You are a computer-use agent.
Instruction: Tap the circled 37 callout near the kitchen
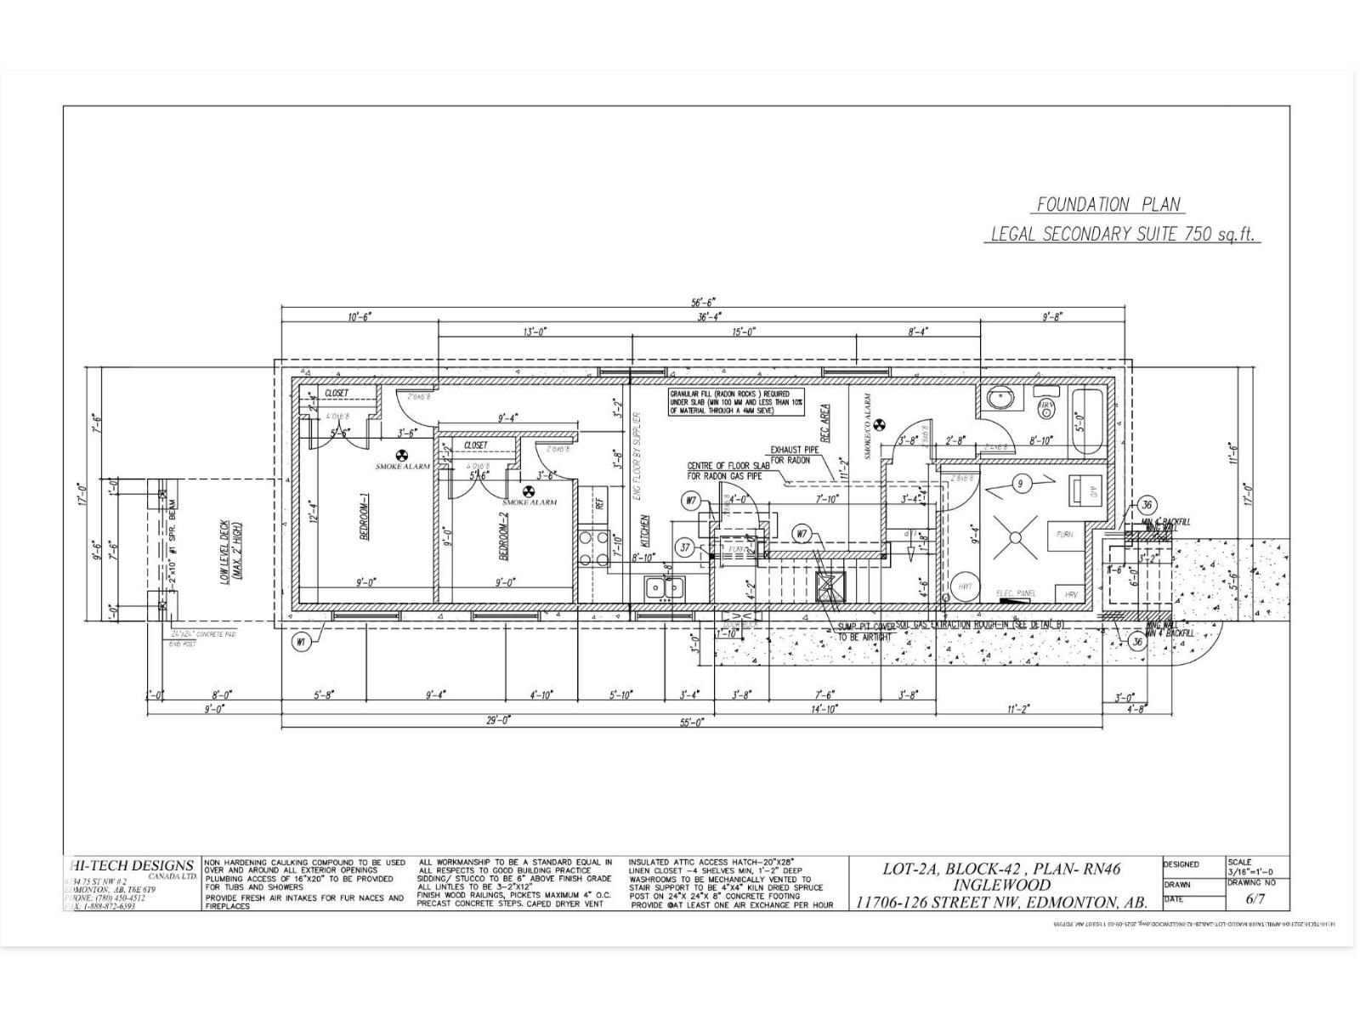pyautogui.click(x=686, y=547)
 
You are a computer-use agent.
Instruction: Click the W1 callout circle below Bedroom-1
pyautogui.click(x=300, y=643)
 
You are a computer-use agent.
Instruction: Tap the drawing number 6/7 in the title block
pyautogui.click(x=1255, y=898)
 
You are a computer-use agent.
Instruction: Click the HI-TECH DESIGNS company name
pyautogui.click(x=131, y=866)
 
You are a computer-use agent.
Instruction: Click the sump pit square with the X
pyautogui.click(x=830, y=585)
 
